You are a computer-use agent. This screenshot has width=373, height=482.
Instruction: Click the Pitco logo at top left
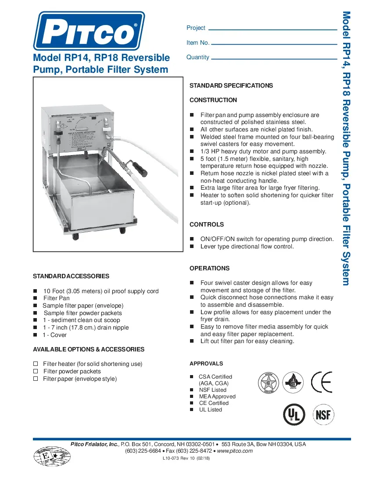(89, 31)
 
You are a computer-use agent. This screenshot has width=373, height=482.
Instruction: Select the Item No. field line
(275, 44)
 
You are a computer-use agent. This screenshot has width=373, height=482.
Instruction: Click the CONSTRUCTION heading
(213, 100)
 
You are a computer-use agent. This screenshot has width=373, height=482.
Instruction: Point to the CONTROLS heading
(207, 224)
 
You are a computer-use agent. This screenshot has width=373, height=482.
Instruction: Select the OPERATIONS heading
(209, 268)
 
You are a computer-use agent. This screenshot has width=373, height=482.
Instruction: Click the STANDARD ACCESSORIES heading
(71, 276)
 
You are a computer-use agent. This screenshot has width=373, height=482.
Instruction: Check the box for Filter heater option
(36, 364)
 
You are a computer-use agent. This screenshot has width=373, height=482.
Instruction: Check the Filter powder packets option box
(36, 371)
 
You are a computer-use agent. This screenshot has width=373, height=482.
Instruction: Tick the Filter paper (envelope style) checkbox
(36, 379)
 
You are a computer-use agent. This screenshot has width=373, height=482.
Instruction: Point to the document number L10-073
(172, 458)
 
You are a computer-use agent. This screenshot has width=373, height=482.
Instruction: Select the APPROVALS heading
(206, 364)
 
